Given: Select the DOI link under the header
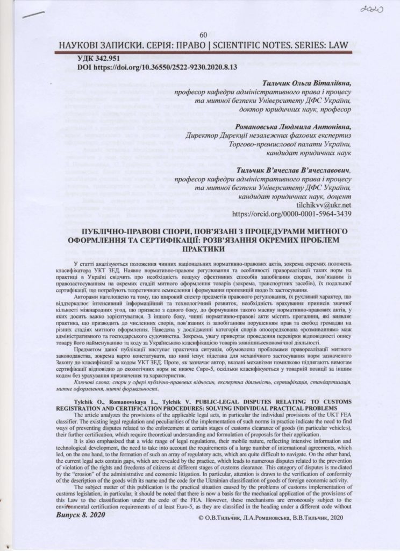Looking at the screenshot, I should (x=142, y=69).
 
